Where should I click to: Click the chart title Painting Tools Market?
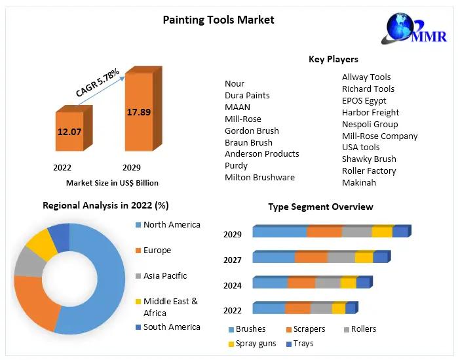218,20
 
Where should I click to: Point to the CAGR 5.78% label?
98,83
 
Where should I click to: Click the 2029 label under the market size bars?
131,167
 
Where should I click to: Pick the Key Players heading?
333,59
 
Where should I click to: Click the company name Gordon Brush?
252,130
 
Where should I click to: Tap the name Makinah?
359,182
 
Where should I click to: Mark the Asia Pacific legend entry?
165,275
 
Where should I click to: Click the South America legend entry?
172,327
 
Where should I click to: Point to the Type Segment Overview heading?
320,207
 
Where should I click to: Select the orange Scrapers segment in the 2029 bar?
324,231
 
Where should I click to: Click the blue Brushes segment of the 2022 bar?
269,308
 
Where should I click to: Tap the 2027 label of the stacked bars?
232,260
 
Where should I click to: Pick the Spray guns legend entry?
256,343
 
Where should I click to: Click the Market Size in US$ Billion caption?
112,183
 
